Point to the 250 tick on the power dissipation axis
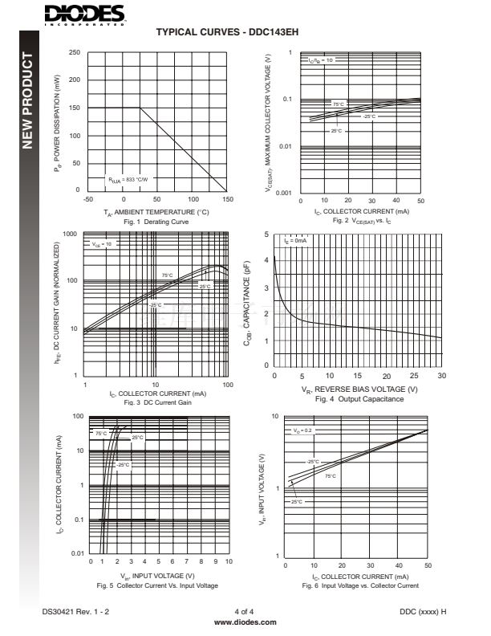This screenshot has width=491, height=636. [75, 53]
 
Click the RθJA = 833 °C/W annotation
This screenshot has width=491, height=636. [129, 180]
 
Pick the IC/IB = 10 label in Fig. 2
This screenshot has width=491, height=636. [321, 60]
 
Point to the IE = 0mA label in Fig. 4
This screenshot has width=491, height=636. [296, 240]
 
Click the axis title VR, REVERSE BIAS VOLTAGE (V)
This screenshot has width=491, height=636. [359, 389]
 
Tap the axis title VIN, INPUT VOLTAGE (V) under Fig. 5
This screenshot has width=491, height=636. [157, 576]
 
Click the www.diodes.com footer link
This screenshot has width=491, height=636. [245, 622]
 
